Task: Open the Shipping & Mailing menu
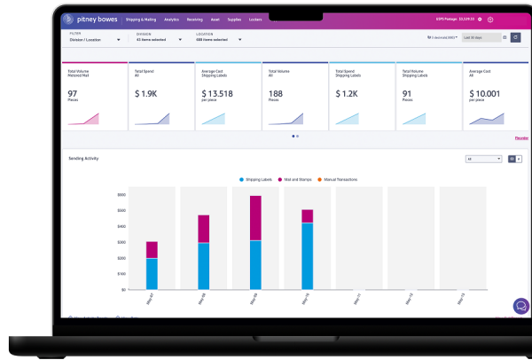click(x=142, y=19)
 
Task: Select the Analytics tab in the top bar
click(x=171, y=19)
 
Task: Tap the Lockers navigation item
click(x=255, y=19)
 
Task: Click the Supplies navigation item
click(x=234, y=19)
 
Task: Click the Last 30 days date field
click(x=483, y=37)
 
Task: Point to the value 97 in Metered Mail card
click(x=73, y=92)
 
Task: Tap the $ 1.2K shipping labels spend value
click(x=346, y=92)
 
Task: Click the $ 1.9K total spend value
click(x=145, y=92)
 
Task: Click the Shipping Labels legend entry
click(x=259, y=179)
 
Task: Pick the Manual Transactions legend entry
click(x=339, y=179)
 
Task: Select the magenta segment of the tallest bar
click(x=255, y=218)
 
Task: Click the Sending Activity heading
click(x=83, y=158)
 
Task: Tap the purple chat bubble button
click(x=521, y=306)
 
